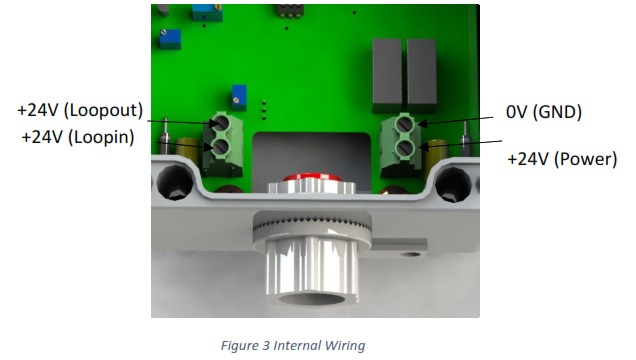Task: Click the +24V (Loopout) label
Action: (80, 111)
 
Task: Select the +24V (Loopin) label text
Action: (78, 137)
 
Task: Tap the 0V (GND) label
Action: (544, 112)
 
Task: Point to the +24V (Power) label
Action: (562, 159)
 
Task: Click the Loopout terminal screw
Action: (220, 123)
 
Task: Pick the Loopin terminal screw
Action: (220, 147)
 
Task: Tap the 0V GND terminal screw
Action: (404, 124)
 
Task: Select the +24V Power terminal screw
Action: (404, 149)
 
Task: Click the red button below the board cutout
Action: (312, 178)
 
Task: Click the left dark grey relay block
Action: (387, 75)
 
